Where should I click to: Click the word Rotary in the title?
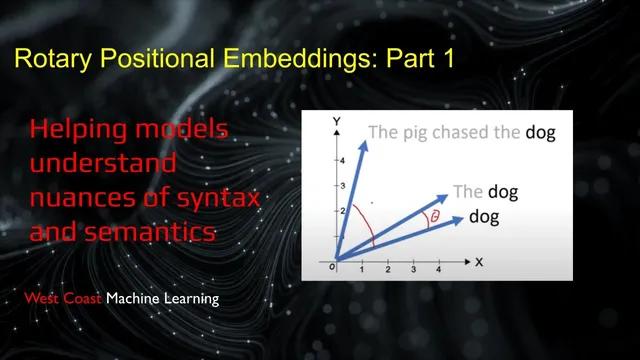coord(66,59)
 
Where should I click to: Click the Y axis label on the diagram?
coord(338,121)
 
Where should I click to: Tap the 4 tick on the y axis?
coord(341,161)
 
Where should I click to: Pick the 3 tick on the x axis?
coord(413,270)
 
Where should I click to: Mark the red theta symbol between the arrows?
coord(433,216)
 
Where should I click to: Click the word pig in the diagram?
coord(418,132)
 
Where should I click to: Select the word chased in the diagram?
coord(465,132)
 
